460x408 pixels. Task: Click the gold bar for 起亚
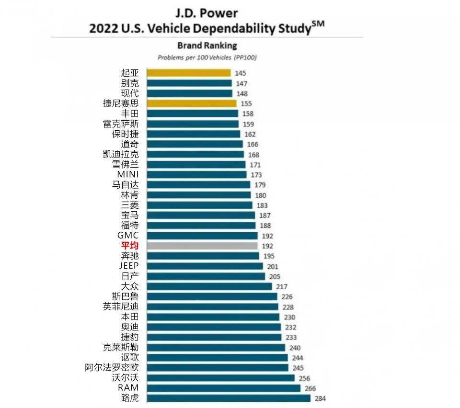[188, 73]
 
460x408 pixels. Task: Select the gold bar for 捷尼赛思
[191, 103]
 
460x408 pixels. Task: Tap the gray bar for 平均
[202, 246]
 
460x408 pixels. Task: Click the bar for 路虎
[229, 398]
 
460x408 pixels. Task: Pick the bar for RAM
[223, 388]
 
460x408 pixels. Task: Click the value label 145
[240, 73]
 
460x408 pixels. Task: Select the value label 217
[281, 287]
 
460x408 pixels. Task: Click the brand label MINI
[127, 174]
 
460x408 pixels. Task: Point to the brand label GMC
[128, 235]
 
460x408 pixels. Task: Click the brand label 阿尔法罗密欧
[112, 368]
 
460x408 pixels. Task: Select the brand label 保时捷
[125, 134]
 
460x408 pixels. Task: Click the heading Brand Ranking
[207, 46]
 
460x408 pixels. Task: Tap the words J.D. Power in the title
[207, 13]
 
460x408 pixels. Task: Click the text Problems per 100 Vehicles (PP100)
[207, 57]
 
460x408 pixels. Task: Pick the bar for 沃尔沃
[220, 378]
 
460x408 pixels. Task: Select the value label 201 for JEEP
[272, 267]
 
